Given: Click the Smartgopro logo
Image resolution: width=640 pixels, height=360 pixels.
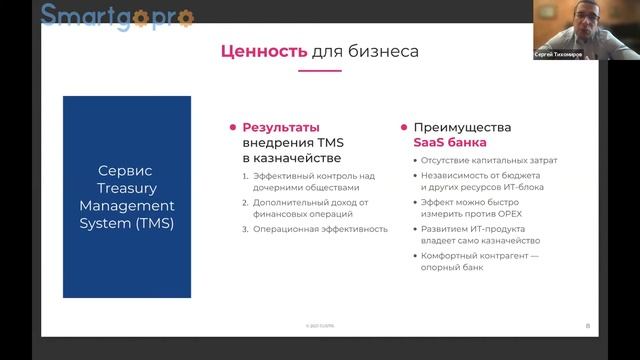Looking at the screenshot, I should pos(118,15).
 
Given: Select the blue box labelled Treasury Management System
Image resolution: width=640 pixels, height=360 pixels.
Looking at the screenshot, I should pos(127,196).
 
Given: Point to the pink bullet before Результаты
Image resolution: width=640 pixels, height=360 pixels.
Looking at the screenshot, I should pos(232,128).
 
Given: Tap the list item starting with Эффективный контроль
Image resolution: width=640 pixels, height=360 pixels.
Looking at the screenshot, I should pos(313,181).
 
